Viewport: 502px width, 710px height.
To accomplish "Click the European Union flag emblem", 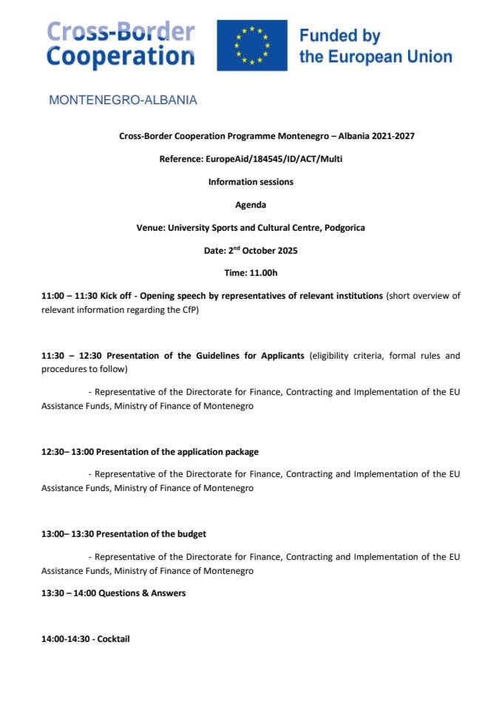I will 251,45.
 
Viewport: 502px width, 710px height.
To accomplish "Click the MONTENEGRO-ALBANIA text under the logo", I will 123,100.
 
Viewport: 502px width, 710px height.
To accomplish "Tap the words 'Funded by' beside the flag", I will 339,35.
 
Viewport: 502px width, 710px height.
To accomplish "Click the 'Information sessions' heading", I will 251,182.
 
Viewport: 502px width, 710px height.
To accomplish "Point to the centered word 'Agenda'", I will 251,205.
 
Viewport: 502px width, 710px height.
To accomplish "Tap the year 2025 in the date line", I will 282,251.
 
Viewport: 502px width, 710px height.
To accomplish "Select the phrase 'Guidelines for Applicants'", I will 253,356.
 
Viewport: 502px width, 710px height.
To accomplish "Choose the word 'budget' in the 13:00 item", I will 191,534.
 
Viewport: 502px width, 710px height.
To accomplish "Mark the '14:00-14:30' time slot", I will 65,638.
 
